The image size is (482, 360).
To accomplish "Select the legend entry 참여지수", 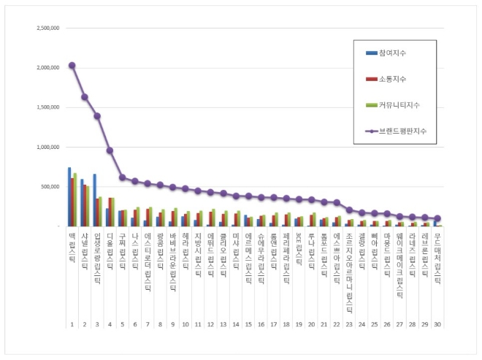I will coord(394,53).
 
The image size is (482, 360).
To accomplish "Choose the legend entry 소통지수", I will coord(394,79).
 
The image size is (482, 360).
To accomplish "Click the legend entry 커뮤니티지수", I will coord(399,105).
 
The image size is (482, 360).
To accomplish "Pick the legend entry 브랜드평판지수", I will coord(401,131).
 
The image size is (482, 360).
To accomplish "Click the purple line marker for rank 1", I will coord(72,65).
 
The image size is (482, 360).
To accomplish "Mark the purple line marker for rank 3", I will coord(97,115).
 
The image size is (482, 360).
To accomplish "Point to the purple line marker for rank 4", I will coord(110,150).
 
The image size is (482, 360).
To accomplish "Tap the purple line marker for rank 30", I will coord(437,218).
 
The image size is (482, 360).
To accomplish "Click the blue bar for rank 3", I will coord(94,200).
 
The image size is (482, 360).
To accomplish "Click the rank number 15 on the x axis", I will coord(248,323).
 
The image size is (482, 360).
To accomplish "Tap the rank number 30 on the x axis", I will coord(437,323).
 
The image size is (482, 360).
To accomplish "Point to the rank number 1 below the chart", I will coord(72,323).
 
